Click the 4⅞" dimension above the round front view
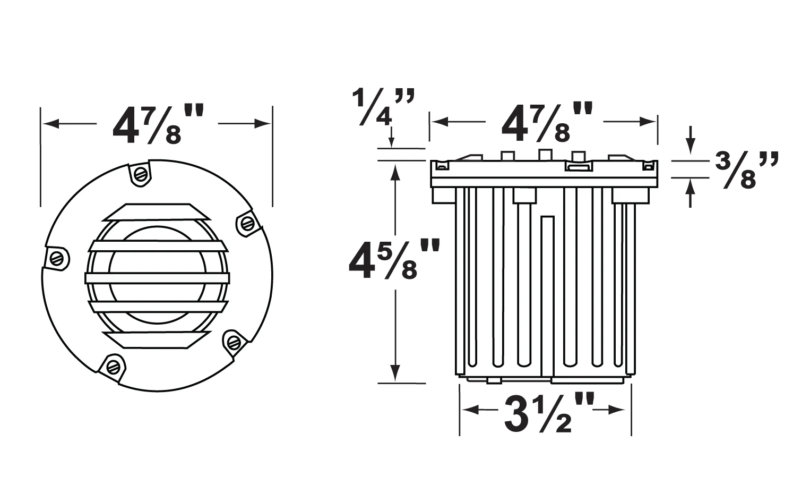(x=158, y=124)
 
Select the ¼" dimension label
(x=383, y=107)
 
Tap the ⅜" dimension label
(x=747, y=170)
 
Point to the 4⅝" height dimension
(x=394, y=259)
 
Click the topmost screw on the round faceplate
(x=141, y=174)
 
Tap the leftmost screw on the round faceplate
(x=57, y=258)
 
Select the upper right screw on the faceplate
(x=247, y=223)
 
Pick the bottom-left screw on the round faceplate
(x=113, y=367)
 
